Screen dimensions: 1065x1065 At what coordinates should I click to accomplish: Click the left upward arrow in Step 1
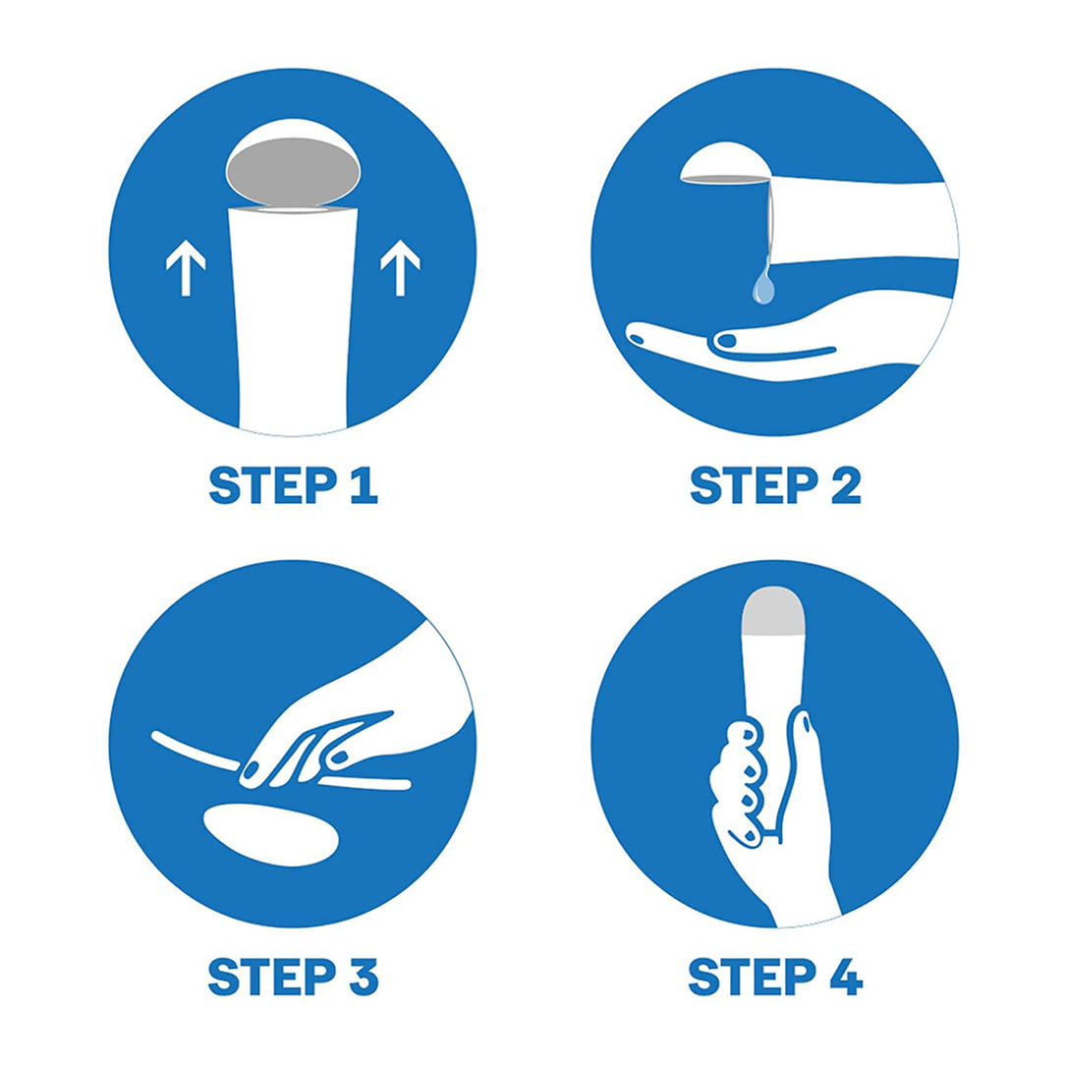pos(186,270)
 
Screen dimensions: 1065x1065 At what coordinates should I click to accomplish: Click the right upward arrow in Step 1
pos(400,268)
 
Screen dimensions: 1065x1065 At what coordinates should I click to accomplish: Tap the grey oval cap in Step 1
pos(294,172)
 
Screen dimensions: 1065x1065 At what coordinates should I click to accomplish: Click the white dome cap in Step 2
pos(725,162)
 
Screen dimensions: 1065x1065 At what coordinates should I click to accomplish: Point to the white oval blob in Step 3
pos(271,834)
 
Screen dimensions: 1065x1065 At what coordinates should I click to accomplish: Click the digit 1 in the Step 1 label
pos(364,485)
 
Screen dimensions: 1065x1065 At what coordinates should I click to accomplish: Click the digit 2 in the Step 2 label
pos(846,485)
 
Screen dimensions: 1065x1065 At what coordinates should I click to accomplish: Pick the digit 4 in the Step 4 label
pos(846,977)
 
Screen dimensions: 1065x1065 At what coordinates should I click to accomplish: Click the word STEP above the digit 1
pos(272,485)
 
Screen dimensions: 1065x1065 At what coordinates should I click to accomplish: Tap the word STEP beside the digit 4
pos(753,977)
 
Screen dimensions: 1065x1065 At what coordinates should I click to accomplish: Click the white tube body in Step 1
pos(294,319)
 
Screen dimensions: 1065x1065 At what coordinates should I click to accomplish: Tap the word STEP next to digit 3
pos(272,977)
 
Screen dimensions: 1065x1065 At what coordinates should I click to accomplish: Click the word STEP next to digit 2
pos(754,485)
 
